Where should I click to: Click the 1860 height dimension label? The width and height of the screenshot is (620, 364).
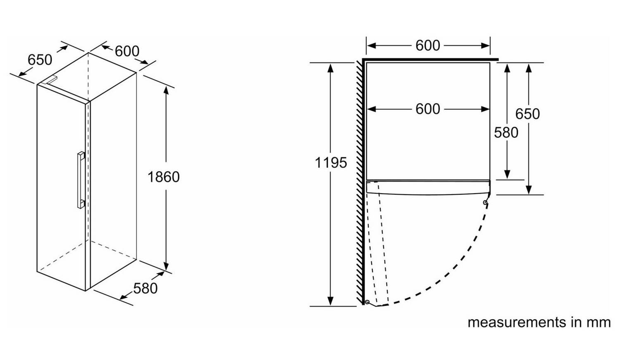[164, 177]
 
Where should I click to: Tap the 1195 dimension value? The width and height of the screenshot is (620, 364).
[331, 163]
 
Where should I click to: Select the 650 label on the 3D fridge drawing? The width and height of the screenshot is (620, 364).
[40, 60]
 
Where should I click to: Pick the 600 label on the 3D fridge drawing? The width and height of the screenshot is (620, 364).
[127, 51]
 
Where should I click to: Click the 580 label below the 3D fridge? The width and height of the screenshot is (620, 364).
[145, 288]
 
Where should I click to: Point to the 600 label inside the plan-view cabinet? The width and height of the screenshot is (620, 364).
[428, 109]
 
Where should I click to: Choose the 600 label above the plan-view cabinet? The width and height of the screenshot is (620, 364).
[428, 45]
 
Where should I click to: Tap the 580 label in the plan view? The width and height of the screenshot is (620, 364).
[506, 133]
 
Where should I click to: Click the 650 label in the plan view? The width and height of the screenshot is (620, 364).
[527, 114]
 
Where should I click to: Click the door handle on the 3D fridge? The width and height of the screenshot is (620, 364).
[81, 180]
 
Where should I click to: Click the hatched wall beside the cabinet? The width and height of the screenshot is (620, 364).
[360, 183]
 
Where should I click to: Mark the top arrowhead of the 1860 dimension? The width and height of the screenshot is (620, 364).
[166, 90]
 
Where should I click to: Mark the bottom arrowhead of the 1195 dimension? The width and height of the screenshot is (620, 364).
[330, 301]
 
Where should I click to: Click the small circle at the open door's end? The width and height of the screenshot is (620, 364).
[367, 302]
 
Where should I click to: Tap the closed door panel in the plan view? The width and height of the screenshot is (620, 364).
[428, 187]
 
